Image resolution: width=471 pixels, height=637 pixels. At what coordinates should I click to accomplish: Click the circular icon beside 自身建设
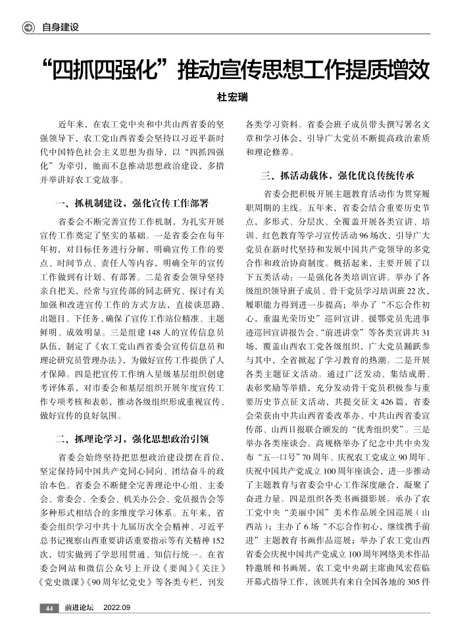28,27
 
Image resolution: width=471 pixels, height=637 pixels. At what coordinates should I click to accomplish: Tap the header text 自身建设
60,27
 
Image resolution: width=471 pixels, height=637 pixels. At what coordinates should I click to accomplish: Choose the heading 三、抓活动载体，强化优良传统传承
337,176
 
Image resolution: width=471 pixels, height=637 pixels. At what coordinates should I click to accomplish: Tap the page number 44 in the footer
49,607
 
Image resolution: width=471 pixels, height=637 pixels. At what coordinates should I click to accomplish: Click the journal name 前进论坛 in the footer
79,607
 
